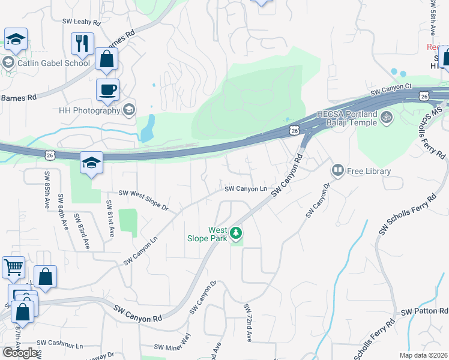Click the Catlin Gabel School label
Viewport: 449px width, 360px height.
pos(53,62)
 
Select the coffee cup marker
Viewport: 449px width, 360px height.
pos(108,90)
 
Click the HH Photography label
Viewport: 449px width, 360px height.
pos(89,110)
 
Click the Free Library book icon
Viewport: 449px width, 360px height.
pos(339,171)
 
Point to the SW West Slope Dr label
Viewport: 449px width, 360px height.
pos(143,199)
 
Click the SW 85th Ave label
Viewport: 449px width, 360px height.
pos(47,190)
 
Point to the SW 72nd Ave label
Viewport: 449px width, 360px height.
pos(247,323)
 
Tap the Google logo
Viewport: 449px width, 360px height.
pos(20,352)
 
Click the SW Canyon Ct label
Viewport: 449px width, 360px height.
pos(391,90)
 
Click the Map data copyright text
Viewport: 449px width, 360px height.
pos(423,355)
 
